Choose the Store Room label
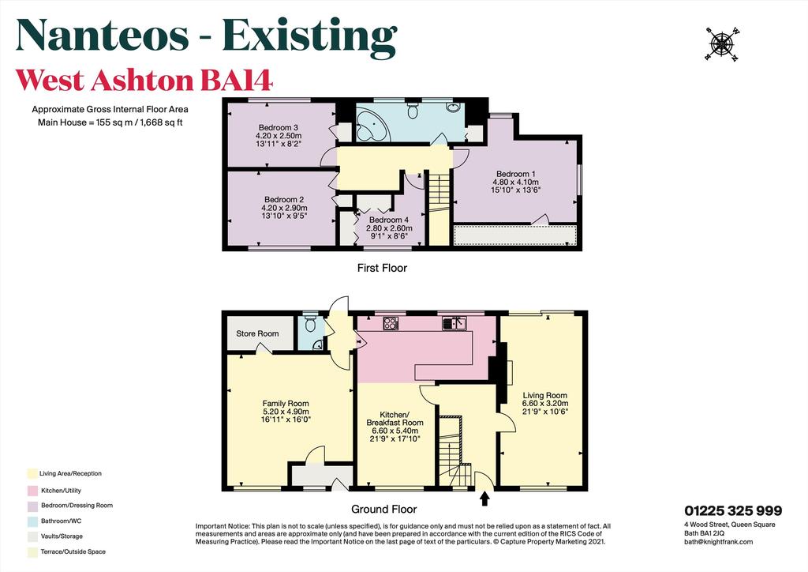tap(257, 333)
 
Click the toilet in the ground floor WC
tap(310, 323)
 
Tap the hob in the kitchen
tap(391, 323)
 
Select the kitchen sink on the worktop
tap(454, 323)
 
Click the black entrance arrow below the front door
tap(484, 498)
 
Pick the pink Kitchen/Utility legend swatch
tap(32, 491)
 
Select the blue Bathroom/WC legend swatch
tap(32, 521)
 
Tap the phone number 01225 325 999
tap(733, 510)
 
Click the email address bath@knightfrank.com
tap(718, 541)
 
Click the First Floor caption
tap(382, 268)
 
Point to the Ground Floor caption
tap(384, 510)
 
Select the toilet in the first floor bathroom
tap(413, 111)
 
